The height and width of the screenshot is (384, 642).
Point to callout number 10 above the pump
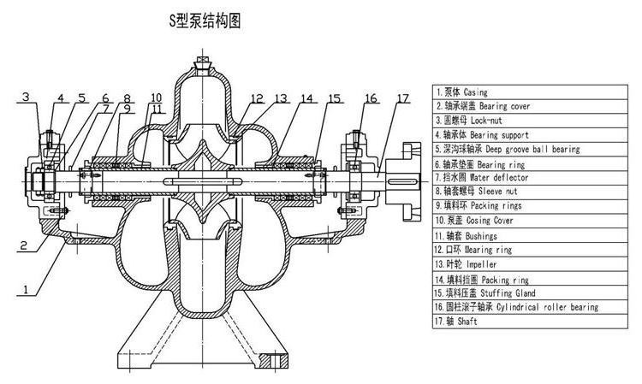[x=156, y=97]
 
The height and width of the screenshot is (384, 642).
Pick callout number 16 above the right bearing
[x=370, y=98]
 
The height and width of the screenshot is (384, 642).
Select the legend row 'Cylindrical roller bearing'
[x=518, y=307]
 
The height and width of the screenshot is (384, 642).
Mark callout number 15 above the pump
[x=333, y=98]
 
